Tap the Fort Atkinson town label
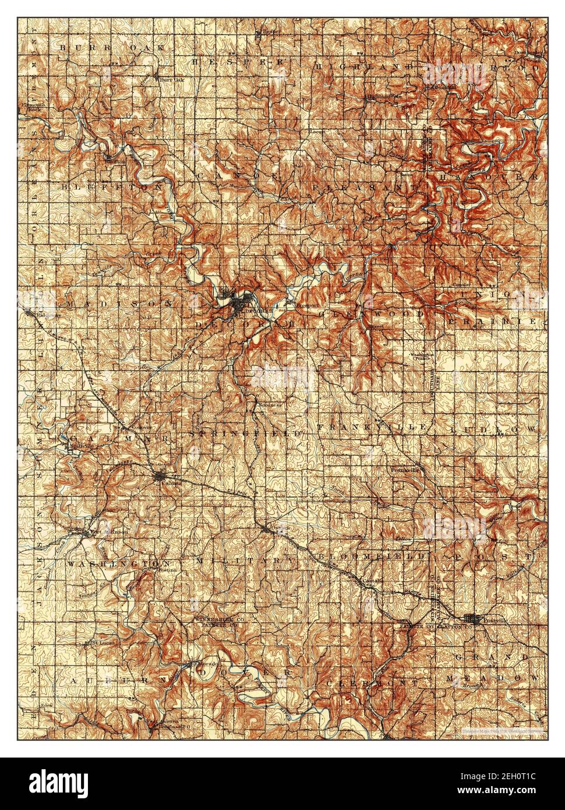coord(97,531)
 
